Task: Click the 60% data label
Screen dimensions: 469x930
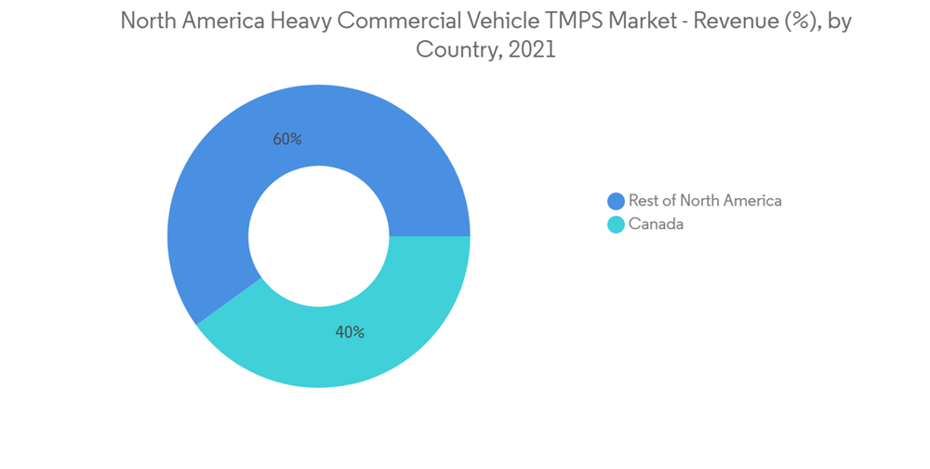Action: coord(287,140)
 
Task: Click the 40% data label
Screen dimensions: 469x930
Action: coord(350,332)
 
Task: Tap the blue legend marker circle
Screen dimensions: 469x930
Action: coord(616,201)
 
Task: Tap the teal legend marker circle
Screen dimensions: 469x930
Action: coord(616,224)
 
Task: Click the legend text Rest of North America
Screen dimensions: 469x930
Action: coord(705,201)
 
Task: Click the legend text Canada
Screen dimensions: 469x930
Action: coord(656,224)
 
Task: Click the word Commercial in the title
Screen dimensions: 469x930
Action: coord(394,21)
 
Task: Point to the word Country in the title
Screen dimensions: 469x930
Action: coord(453,50)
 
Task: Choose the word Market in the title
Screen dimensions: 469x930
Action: coord(644,21)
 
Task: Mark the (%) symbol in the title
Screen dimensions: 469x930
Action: coord(795,21)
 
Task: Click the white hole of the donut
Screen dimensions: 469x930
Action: coord(318,235)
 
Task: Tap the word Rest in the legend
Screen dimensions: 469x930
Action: coord(643,201)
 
